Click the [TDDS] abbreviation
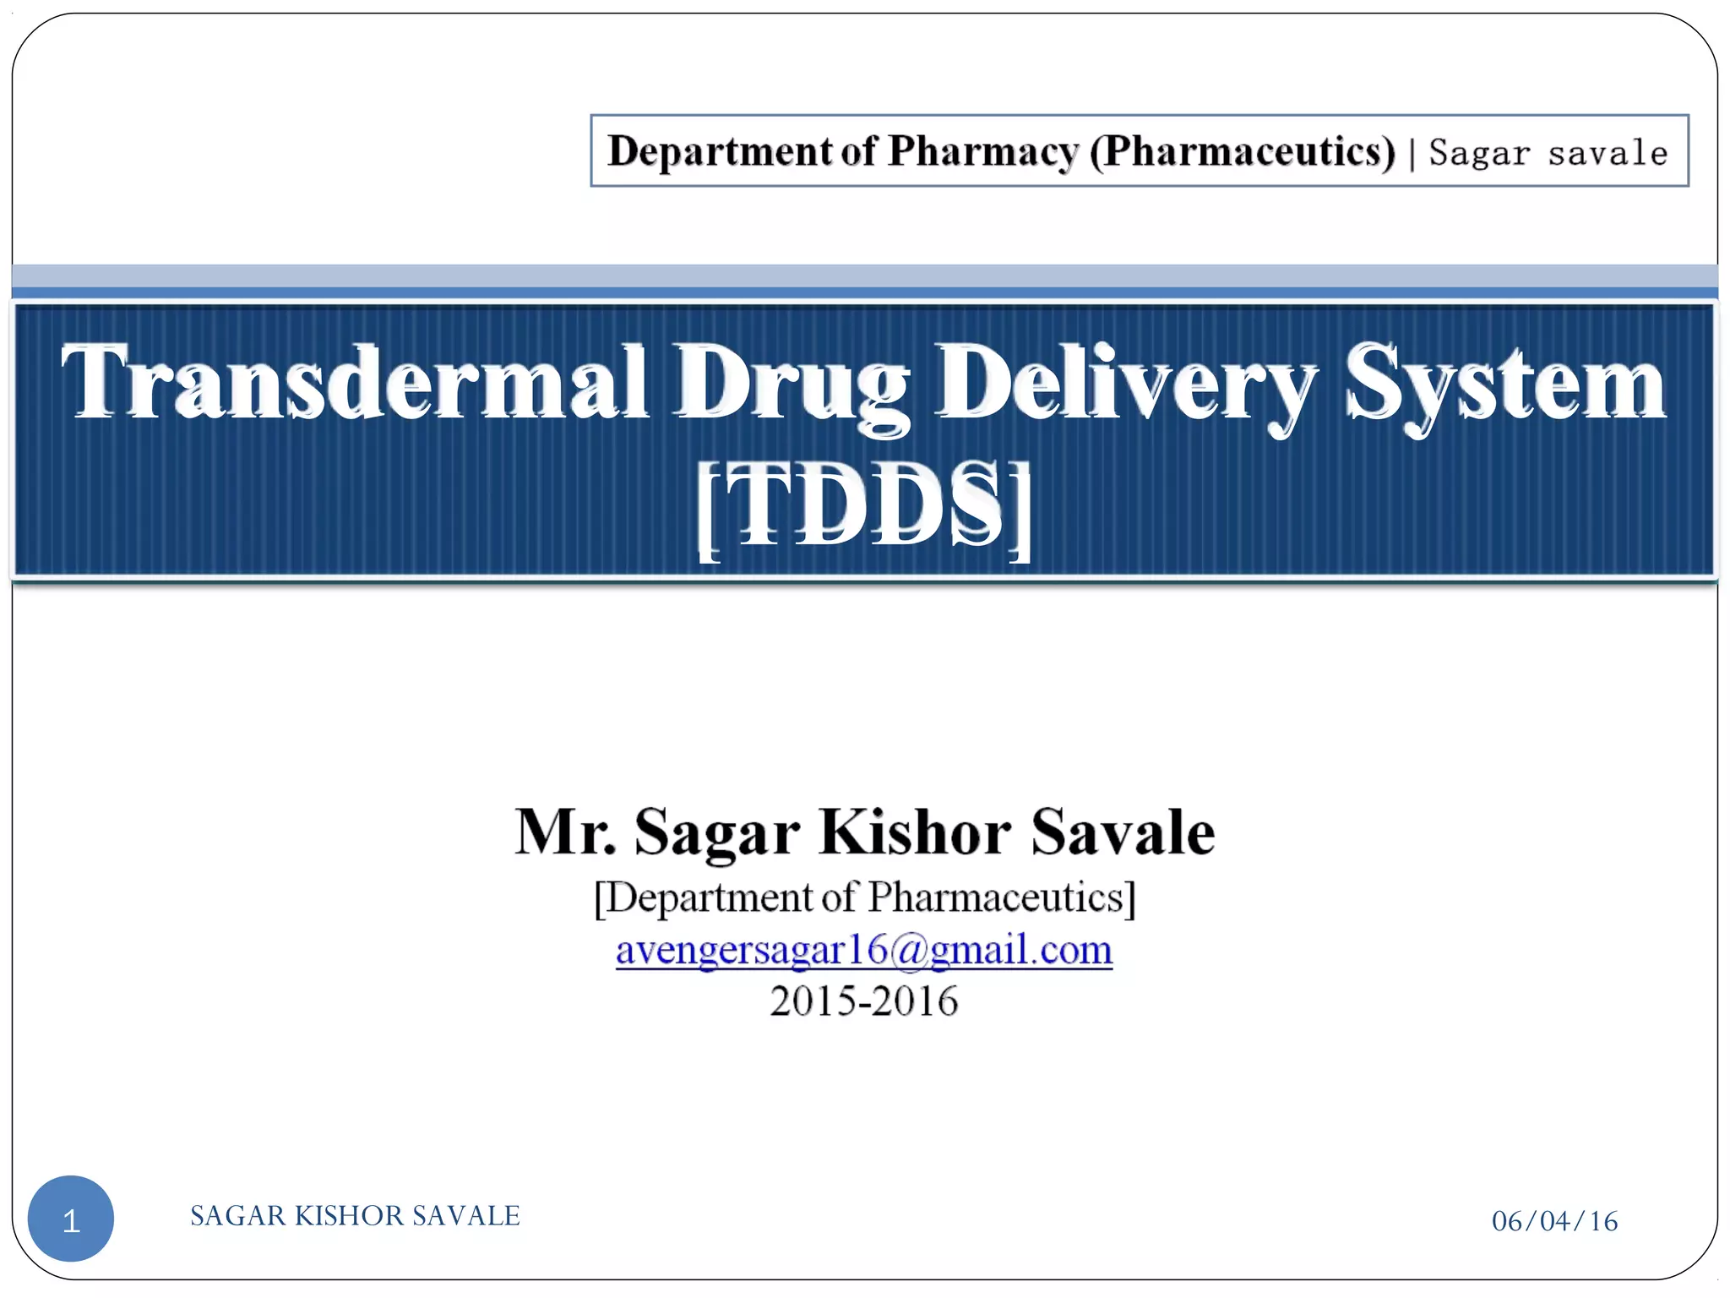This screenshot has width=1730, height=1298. click(x=864, y=508)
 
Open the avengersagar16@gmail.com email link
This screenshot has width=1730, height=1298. click(x=864, y=950)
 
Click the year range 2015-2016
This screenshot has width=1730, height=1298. click(x=864, y=1001)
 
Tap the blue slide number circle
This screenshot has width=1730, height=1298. click(x=71, y=1219)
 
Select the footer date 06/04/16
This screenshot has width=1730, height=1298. click(x=1554, y=1221)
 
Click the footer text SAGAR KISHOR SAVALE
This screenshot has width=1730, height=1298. click(x=355, y=1215)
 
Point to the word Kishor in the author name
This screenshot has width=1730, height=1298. click(x=915, y=832)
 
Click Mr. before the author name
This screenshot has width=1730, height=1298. click(x=565, y=832)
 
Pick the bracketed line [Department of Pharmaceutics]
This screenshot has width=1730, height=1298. click(x=864, y=897)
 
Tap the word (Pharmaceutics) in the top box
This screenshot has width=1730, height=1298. click(x=1243, y=152)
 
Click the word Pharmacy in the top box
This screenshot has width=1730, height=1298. click(x=983, y=152)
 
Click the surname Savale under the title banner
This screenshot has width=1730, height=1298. click(x=1123, y=832)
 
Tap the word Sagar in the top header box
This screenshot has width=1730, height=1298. click(x=1479, y=153)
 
